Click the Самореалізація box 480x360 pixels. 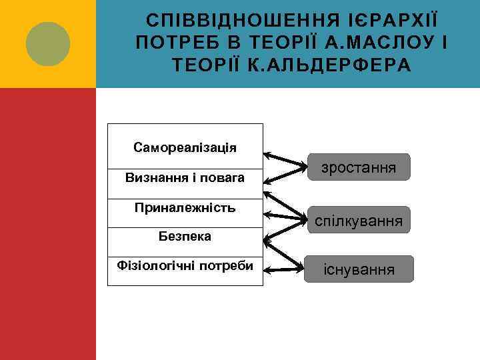click(185, 147)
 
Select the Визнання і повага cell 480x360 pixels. click(185, 179)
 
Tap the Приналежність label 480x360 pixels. click(185, 208)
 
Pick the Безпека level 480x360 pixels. click(185, 236)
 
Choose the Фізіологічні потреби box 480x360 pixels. click(185, 266)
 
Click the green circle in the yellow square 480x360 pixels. click(47, 44)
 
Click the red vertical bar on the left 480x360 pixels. click(47, 224)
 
